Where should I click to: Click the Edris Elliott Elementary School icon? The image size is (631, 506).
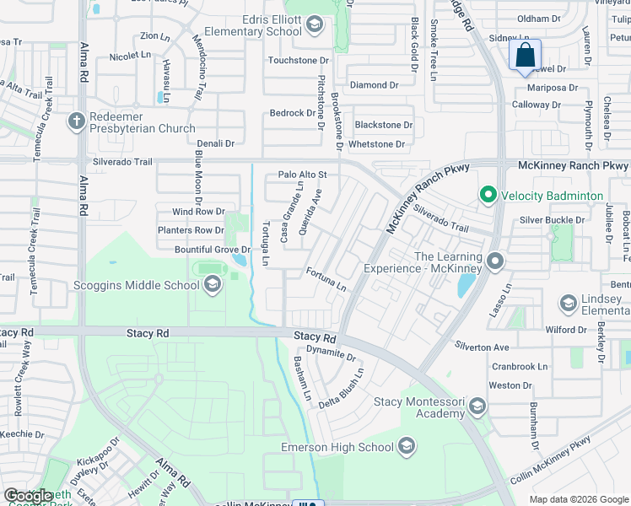[315, 24]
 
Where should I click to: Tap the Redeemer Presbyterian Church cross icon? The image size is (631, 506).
[76, 121]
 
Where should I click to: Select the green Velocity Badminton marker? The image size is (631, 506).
[487, 196]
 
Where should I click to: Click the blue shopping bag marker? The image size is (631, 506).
[525, 56]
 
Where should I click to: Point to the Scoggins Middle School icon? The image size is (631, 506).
[212, 285]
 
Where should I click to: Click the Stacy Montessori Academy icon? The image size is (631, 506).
[477, 408]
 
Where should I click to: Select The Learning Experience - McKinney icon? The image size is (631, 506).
[495, 262]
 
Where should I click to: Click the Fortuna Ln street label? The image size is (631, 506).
[326, 280]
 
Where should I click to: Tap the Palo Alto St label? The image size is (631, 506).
[302, 175]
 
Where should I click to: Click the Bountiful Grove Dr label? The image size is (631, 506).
[213, 250]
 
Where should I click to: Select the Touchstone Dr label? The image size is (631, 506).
[298, 60]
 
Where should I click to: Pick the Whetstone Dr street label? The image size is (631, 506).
[376, 144]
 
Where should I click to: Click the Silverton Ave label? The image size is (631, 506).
[483, 347]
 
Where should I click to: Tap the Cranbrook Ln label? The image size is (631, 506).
[519, 367]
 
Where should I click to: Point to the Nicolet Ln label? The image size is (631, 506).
[130, 55]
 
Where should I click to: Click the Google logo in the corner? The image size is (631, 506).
[28, 496]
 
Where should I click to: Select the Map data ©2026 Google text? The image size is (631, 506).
[579, 499]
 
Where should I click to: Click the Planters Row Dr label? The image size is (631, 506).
[191, 230]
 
